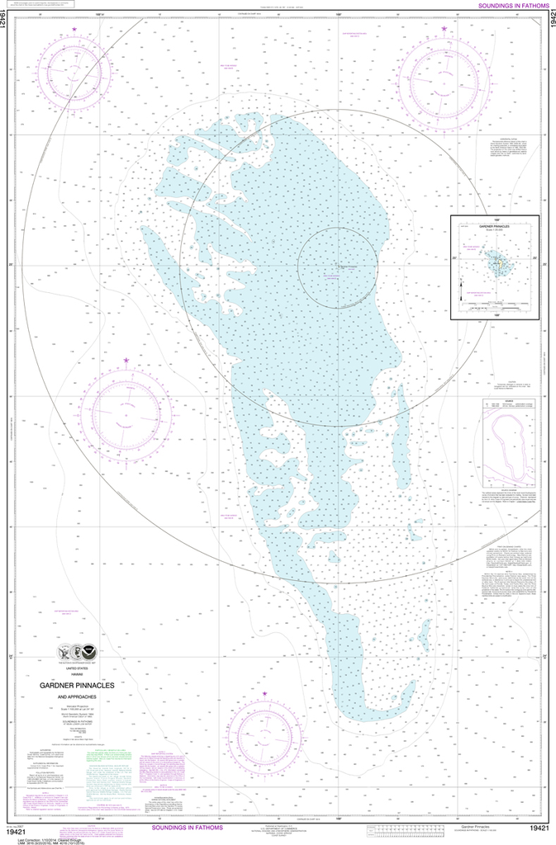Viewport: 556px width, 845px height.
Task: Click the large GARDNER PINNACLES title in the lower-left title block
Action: (x=77, y=685)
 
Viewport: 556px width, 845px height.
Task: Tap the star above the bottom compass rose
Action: (x=265, y=694)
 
